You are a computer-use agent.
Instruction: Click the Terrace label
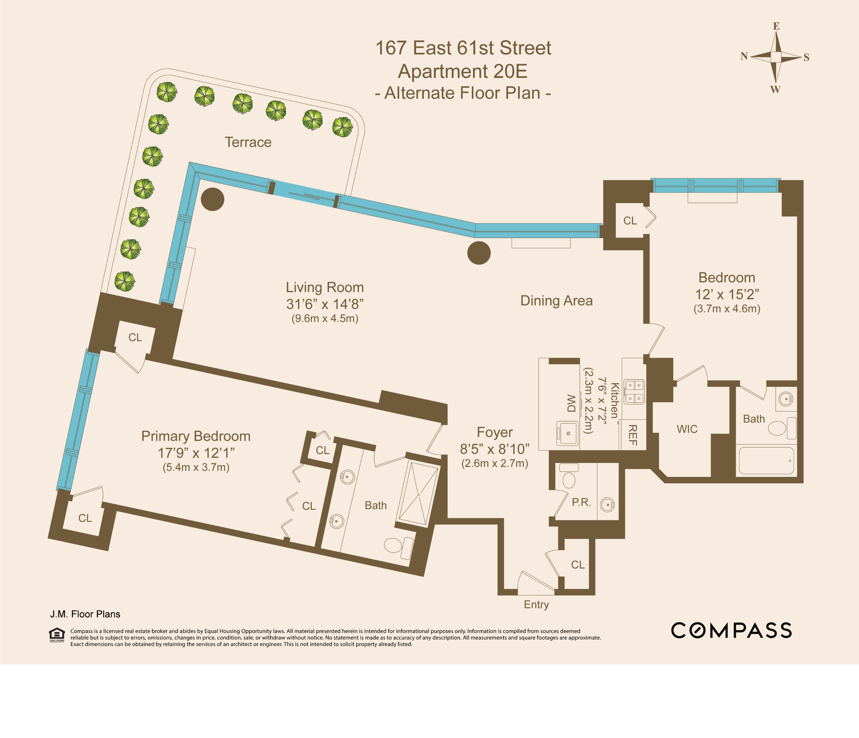[x=248, y=142]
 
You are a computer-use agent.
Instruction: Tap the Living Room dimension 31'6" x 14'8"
[x=325, y=304]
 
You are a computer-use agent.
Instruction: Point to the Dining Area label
[x=557, y=300]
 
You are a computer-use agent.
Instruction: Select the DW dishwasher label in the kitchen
[x=571, y=403]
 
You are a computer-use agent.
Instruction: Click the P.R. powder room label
[x=581, y=502]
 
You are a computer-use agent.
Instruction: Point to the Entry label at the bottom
[x=536, y=604]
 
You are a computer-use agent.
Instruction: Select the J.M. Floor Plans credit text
[x=85, y=614]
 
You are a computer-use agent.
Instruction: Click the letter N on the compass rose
[x=744, y=56]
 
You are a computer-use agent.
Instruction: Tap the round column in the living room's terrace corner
[x=213, y=199]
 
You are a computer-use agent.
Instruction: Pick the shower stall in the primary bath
[x=418, y=494]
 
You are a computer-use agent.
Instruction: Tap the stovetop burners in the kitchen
[x=634, y=392]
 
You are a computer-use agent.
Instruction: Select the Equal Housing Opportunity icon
[x=57, y=635]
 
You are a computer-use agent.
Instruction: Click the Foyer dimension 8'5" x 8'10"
[x=495, y=449]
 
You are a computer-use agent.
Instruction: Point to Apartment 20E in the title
[x=462, y=71]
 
